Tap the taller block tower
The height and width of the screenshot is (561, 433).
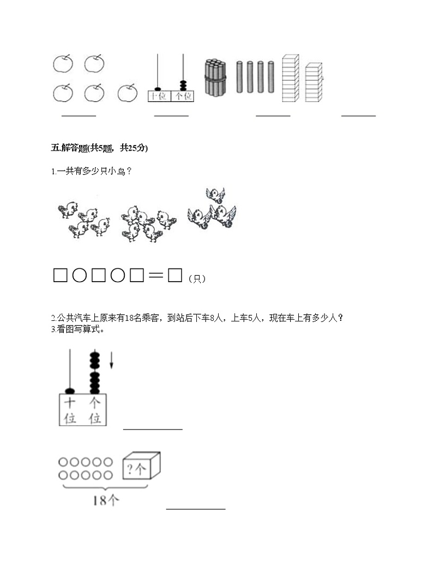(290, 77)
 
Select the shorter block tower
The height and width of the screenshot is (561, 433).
(313, 82)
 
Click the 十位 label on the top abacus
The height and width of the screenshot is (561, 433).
(159, 96)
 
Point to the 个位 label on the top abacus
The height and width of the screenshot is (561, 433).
(183, 96)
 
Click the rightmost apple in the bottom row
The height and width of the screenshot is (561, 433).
(127, 92)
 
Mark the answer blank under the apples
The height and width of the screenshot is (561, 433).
(79, 115)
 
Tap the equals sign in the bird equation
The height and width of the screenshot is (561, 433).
(155, 276)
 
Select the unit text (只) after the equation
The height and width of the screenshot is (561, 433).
(197, 278)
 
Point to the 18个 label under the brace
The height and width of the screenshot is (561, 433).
(106, 500)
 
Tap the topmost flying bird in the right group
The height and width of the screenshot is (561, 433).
(215, 194)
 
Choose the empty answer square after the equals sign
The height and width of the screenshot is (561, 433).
(175, 276)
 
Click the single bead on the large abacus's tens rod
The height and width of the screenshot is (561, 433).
(70, 391)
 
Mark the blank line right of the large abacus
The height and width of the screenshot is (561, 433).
(153, 429)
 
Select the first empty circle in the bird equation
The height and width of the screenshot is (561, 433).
(79, 276)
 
